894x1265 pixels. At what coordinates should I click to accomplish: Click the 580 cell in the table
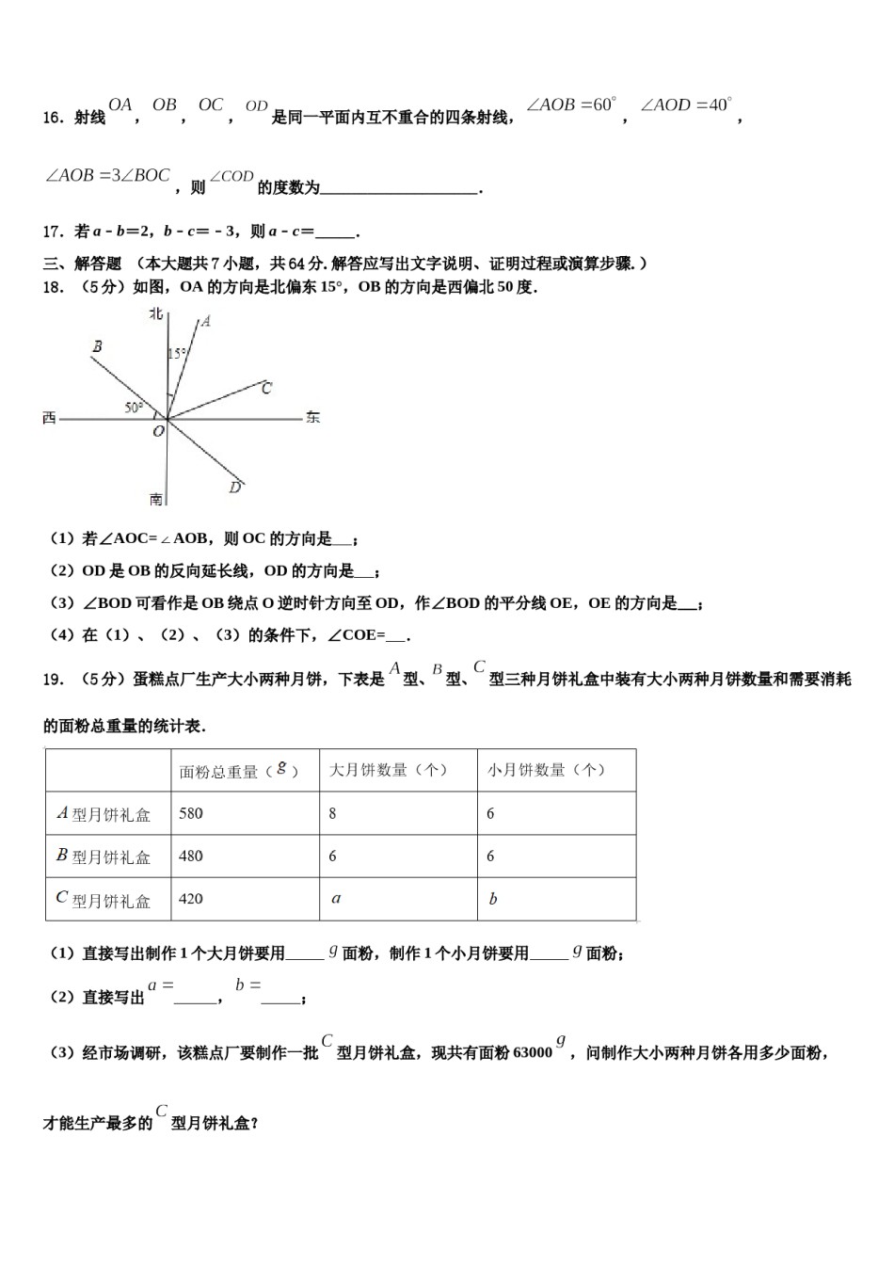(x=191, y=813)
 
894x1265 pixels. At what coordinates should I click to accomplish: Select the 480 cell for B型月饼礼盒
(x=191, y=856)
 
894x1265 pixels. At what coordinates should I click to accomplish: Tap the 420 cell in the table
(x=191, y=899)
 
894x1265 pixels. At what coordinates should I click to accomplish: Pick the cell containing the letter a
(x=336, y=899)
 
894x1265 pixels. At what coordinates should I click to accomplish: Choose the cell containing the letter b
(x=493, y=899)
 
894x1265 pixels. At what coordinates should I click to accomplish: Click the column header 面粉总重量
(x=239, y=771)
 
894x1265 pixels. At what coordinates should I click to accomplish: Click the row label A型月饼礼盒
(x=104, y=814)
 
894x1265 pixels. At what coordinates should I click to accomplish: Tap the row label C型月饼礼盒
(x=104, y=900)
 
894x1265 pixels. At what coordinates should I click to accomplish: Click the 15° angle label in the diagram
(x=177, y=354)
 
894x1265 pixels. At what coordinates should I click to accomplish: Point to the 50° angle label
(x=134, y=408)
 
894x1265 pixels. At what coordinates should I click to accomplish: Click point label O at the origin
(x=158, y=431)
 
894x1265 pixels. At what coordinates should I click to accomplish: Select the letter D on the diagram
(x=235, y=487)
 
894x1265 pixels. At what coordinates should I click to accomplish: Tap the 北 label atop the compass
(x=156, y=314)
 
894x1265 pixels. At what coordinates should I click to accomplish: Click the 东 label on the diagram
(x=312, y=417)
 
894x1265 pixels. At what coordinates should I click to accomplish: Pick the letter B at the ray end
(x=97, y=347)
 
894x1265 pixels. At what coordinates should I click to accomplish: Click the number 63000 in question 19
(x=532, y=1053)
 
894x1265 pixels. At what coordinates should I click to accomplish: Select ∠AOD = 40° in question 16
(x=686, y=105)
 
